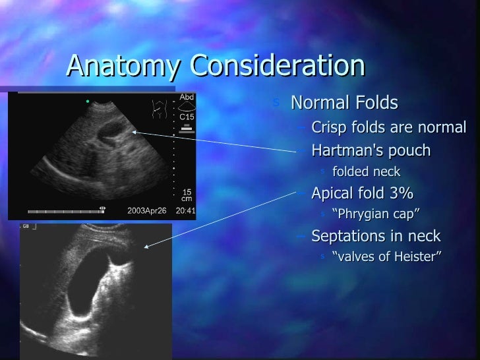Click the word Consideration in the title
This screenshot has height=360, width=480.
(278, 67)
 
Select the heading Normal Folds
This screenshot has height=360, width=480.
(344, 104)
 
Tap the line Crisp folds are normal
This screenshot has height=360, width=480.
(388, 127)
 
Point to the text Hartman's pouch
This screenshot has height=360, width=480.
(371, 151)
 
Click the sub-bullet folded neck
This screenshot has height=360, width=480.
(366, 172)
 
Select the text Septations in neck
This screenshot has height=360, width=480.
(376, 236)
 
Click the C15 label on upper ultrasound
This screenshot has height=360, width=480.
(187, 117)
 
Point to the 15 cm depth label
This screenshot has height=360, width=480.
(187, 195)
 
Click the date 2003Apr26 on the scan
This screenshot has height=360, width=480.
(146, 212)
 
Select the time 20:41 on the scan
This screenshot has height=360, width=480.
(186, 212)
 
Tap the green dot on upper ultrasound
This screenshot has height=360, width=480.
(87, 102)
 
